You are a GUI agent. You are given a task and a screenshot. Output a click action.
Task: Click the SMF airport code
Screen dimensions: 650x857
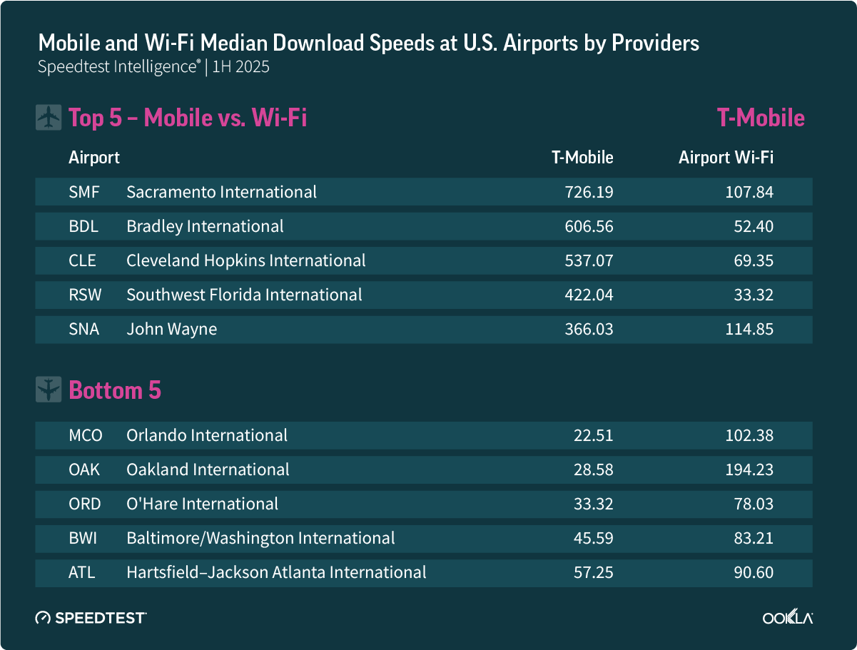click(84, 192)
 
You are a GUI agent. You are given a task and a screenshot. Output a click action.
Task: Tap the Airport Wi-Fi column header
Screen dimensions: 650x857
click(726, 158)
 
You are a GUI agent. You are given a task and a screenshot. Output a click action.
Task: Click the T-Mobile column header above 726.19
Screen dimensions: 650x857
click(582, 158)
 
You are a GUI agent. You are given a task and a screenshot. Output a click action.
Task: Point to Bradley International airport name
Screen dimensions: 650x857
click(205, 226)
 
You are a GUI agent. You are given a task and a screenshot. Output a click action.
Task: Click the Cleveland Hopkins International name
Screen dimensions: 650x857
click(245, 260)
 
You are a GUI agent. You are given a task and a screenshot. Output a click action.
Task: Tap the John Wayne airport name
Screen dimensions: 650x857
click(171, 329)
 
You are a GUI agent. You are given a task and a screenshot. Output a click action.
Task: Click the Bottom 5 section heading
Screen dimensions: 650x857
click(115, 390)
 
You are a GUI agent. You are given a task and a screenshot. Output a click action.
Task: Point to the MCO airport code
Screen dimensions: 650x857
click(86, 435)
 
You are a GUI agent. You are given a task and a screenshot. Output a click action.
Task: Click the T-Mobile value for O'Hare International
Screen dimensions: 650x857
click(593, 504)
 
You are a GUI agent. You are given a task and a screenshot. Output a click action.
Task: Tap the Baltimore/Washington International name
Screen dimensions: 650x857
click(260, 538)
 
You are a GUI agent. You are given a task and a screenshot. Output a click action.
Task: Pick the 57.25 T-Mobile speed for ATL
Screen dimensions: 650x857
click(593, 572)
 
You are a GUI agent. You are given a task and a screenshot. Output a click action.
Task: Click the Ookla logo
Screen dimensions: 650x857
click(788, 617)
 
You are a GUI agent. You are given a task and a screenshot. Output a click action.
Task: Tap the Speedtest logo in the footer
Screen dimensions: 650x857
click(91, 617)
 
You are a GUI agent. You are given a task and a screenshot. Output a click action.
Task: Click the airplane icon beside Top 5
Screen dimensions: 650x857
click(48, 118)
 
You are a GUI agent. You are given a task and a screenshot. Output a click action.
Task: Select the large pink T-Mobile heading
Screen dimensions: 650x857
click(761, 118)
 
